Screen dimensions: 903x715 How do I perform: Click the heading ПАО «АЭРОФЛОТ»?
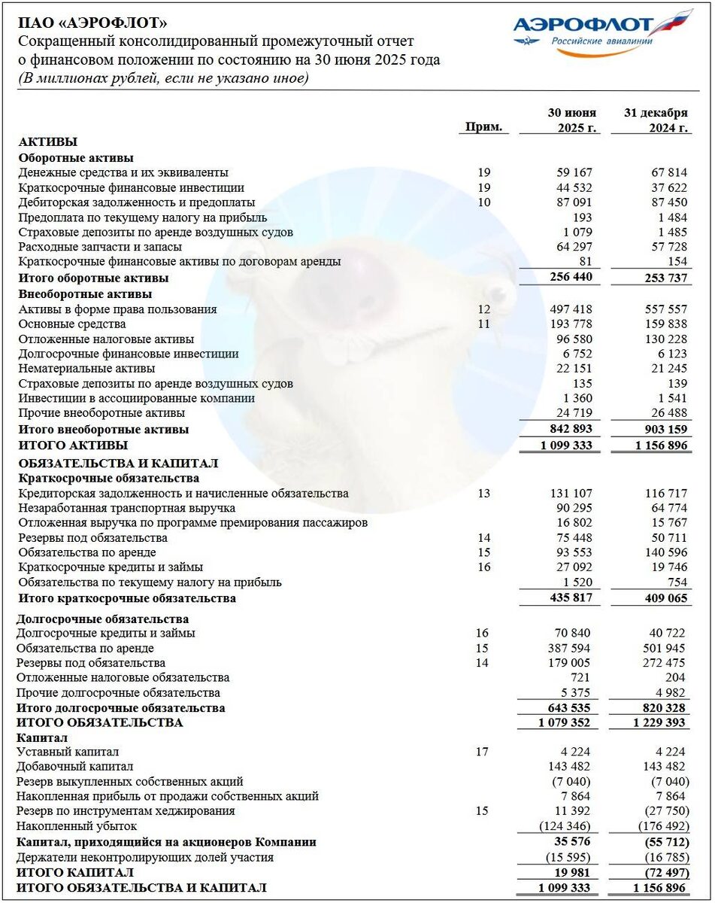(x=92, y=24)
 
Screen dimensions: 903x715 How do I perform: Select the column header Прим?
(x=483, y=127)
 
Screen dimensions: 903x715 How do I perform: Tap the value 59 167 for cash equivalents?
(x=572, y=172)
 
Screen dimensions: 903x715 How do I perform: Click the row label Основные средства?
(x=71, y=324)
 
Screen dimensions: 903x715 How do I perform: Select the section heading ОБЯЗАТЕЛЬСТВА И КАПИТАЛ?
(x=118, y=463)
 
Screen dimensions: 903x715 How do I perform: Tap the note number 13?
(x=483, y=494)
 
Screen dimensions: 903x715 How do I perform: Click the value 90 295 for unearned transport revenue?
(x=572, y=508)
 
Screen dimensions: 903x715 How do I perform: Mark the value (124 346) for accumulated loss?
(x=567, y=825)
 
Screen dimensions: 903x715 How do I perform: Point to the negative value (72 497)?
(x=665, y=871)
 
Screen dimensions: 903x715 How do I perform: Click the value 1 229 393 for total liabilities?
(x=659, y=722)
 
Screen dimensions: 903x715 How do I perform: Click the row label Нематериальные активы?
(x=86, y=368)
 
